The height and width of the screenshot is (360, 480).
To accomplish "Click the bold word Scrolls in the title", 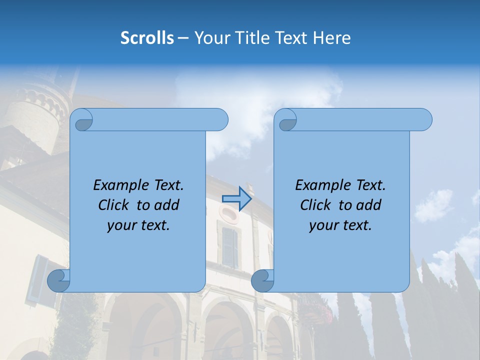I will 147,38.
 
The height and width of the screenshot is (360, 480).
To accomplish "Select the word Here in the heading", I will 332,38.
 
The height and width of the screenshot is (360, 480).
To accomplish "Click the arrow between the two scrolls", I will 236,199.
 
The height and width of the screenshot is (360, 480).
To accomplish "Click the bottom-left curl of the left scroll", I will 58,280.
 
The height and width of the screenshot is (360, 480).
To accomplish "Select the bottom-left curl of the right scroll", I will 262,280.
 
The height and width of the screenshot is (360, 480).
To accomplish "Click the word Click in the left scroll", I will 115,205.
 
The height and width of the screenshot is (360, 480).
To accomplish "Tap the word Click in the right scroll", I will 316,205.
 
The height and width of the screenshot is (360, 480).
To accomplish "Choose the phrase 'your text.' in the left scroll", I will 138,225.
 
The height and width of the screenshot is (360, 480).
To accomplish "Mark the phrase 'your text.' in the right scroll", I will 340,225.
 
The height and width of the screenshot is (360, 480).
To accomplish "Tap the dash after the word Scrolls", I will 183,38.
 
